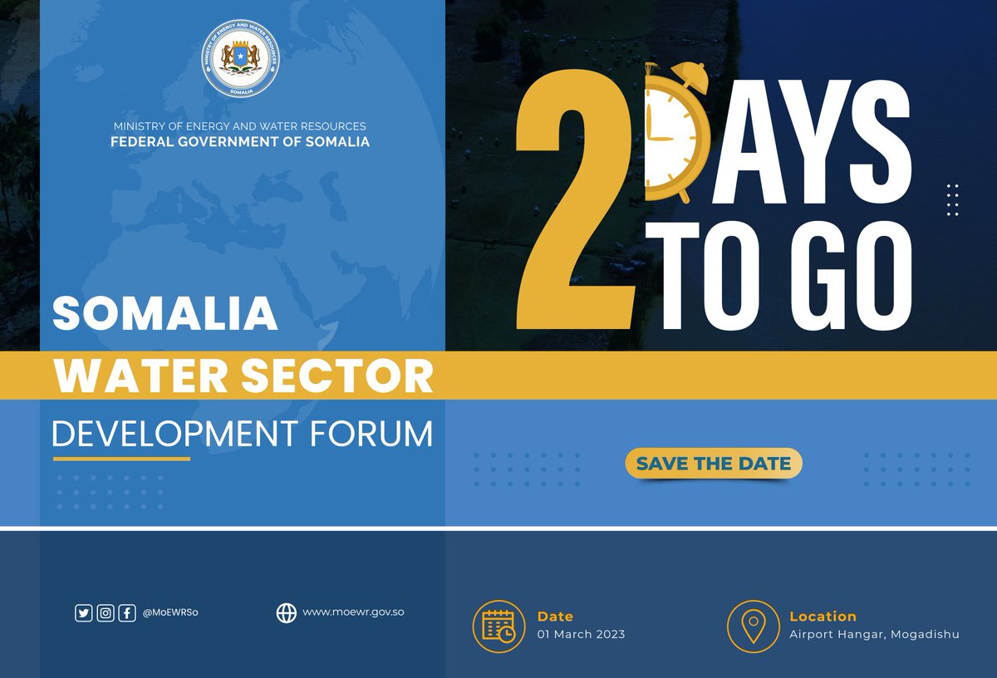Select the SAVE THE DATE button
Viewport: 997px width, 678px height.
pos(714,464)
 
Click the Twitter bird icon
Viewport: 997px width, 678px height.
pos(83,613)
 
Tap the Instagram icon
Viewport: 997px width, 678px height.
pos(106,613)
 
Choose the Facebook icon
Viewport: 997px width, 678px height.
pos(127,613)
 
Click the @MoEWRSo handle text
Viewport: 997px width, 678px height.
pos(170,613)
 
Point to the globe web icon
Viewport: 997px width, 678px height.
pos(286,613)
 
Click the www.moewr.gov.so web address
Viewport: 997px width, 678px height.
pos(353,612)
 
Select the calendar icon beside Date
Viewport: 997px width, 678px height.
pos(498,626)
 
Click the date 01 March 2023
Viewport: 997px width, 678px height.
pos(581,634)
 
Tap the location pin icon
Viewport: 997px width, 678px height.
pos(753,626)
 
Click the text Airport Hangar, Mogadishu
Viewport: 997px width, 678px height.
pos(874,634)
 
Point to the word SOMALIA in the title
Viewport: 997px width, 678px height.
pos(165,314)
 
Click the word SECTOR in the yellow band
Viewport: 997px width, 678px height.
pos(351,376)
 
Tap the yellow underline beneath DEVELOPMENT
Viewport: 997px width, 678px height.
pos(121,459)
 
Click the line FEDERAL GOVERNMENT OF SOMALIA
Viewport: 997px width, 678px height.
pos(240,142)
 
